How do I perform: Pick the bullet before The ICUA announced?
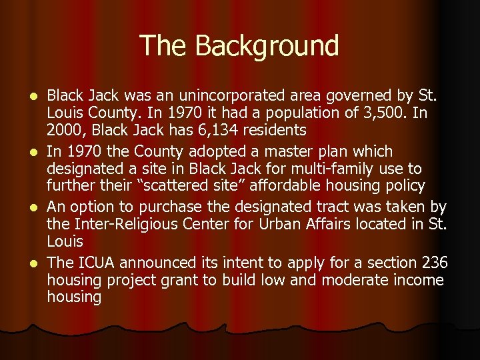tap(38, 263)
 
